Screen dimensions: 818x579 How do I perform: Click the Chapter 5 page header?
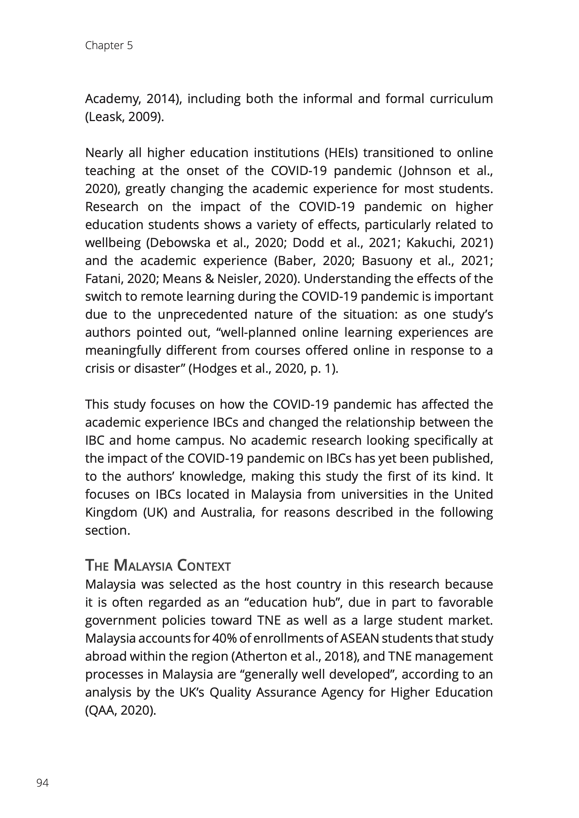109,46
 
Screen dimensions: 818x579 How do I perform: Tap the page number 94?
42,783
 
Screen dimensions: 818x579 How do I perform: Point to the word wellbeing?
113,243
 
